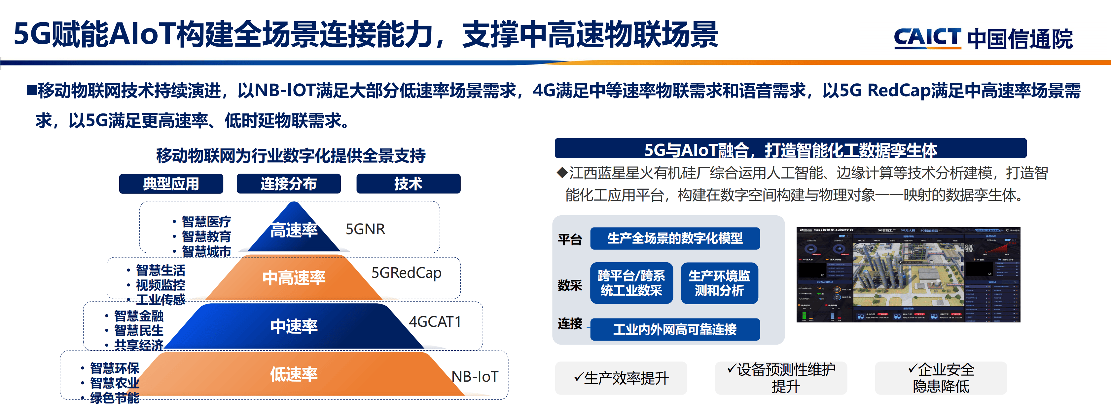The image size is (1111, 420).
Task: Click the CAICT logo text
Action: pyautogui.click(x=927, y=38)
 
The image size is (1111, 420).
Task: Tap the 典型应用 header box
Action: pyautogui.click(x=171, y=184)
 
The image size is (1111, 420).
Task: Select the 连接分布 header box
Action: pyautogui.click(x=289, y=184)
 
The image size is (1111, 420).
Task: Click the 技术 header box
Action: pyautogui.click(x=408, y=184)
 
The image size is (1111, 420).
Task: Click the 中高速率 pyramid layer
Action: pyautogui.click(x=294, y=277)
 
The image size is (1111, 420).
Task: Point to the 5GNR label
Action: pyautogui.click(x=365, y=229)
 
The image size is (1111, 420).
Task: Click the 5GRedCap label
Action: pyautogui.click(x=406, y=273)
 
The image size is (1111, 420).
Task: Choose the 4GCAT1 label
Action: pyautogui.click(x=435, y=321)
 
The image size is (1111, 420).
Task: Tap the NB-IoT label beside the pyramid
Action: pyautogui.click(x=474, y=377)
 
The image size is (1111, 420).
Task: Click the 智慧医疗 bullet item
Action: pyautogui.click(x=206, y=222)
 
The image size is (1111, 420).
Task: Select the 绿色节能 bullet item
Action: pyautogui.click(x=114, y=398)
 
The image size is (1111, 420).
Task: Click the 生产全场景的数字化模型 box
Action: pyautogui.click(x=674, y=238)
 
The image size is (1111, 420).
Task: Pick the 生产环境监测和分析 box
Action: pyautogui.click(x=719, y=283)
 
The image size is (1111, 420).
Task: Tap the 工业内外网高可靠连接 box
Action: pyautogui.click(x=674, y=330)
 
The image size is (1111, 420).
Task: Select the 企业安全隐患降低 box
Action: pyautogui.click(x=941, y=378)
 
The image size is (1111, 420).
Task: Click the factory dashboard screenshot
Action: pyautogui.click(x=908, y=275)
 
